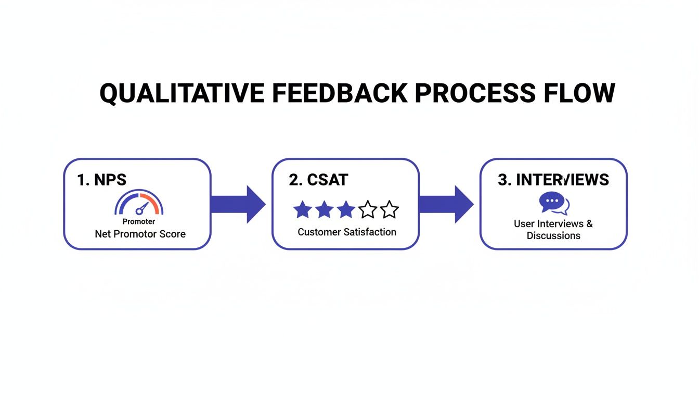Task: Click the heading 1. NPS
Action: (102, 180)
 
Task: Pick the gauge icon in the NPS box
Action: (139, 204)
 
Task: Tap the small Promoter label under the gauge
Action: (139, 222)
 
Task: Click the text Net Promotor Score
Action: (140, 234)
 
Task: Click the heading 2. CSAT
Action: (318, 180)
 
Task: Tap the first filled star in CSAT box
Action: (303, 210)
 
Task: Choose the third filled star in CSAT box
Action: (346, 210)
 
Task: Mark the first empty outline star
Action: (368, 210)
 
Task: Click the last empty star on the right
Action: (389, 210)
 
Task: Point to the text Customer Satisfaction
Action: (347, 232)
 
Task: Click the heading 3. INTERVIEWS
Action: (553, 180)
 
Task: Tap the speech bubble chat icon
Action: (553, 203)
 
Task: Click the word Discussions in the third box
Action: (553, 235)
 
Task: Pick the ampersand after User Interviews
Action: (589, 223)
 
